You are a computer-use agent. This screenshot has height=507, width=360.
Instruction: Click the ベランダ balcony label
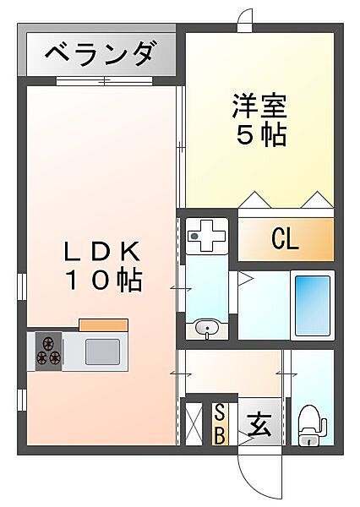(x=99, y=54)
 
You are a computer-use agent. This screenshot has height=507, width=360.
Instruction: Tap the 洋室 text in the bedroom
(x=259, y=106)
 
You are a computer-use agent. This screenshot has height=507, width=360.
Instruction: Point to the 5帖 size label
(x=261, y=135)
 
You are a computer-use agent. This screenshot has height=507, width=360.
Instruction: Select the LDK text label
(x=102, y=251)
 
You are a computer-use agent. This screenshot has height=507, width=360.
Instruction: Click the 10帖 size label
(x=104, y=280)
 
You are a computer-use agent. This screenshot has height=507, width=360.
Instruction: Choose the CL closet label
(x=285, y=239)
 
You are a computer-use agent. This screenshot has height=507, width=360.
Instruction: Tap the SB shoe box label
(x=220, y=423)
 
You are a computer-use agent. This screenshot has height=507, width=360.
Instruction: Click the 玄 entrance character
(x=259, y=424)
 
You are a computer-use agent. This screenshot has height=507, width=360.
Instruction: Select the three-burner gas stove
(x=48, y=352)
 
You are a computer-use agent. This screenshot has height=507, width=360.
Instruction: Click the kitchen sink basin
(x=102, y=352)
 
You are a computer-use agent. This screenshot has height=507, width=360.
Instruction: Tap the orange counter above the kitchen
(x=103, y=325)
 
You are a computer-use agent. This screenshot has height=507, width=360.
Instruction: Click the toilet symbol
(x=311, y=426)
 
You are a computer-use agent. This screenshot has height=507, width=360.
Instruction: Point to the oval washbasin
(x=207, y=329)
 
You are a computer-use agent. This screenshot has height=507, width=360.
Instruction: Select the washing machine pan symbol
(x=207, y=236)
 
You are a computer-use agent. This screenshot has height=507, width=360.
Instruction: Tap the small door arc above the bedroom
(x=246, y=14)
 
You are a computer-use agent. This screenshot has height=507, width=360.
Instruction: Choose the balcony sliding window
(x=104, y=80)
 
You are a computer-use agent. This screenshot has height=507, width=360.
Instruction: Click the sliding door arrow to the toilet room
(x=286, y=374)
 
